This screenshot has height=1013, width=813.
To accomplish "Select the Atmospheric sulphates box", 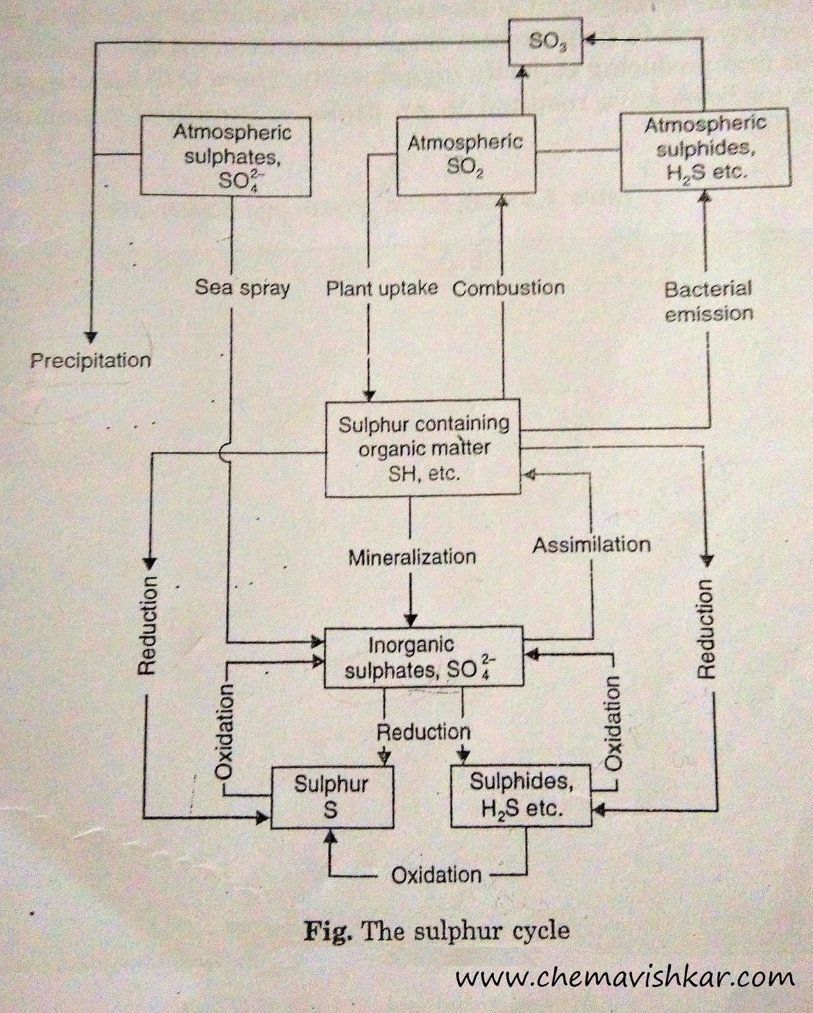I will click(226, 155).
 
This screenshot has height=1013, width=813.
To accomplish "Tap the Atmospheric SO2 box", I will click(465, 155).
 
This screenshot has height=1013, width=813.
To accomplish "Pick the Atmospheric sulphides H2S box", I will click(705, 149).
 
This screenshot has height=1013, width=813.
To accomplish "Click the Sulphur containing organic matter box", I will click(422, 448).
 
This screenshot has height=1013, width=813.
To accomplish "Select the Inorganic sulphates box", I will click(424, 657).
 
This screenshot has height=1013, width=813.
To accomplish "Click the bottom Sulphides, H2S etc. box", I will click(521, 795).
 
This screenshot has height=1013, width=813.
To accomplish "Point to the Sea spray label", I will click(242, 288).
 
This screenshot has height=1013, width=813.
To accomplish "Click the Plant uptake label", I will click(382, 289).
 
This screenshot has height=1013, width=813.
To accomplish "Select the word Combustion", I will click(508, 289).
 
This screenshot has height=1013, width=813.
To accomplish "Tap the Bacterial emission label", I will click(708, 301).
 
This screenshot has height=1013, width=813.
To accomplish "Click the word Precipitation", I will click(91, 361).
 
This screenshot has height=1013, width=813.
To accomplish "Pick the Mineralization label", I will click(412, 557).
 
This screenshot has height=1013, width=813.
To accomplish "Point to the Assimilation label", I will click(591, 544).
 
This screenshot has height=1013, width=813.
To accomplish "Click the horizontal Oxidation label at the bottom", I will click(436, 876).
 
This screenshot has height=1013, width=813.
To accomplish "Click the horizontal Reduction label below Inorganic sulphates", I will click(424, 733).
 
